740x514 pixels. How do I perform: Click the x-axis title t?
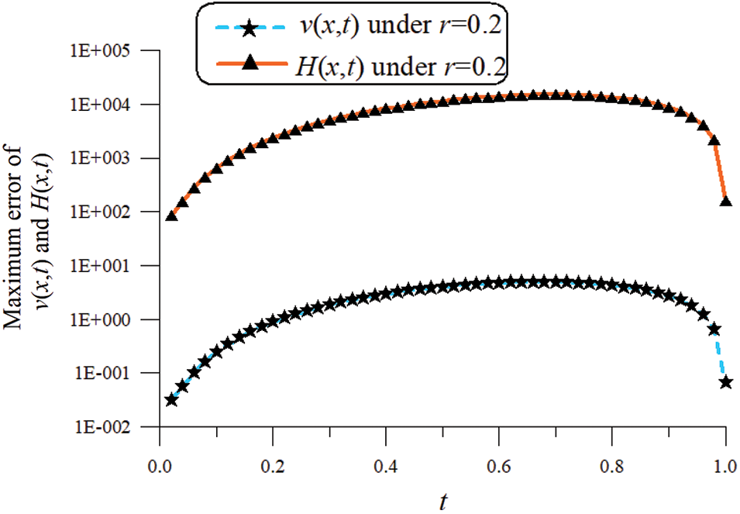click(442, 502)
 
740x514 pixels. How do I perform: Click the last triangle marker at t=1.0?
click(726, 201)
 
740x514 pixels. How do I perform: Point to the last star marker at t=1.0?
click(726, 382)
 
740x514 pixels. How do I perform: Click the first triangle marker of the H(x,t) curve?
click(171, 216)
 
